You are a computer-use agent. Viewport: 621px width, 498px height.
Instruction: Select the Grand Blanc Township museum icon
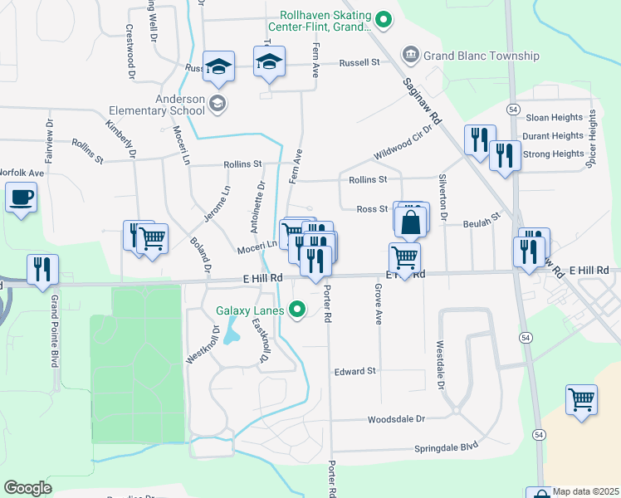tap(410, 56)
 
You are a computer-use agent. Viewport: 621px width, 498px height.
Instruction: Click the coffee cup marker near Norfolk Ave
tap(21, 198)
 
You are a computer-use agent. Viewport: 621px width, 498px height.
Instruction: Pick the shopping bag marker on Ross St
tap(411, 222)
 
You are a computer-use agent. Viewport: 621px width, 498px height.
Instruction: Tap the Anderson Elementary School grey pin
tap(218, 104)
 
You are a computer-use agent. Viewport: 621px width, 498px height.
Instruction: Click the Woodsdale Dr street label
tap(398, 419)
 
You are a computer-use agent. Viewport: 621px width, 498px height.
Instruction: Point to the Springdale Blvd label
tap(447, 447)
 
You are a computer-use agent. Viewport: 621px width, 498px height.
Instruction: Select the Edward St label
tap(355, 371)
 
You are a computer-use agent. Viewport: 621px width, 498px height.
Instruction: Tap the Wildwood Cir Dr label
tap(404, 142)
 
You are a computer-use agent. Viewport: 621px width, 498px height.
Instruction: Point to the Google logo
tap(27, 487)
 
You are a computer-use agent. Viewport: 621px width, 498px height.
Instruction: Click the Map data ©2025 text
tap(586, 491)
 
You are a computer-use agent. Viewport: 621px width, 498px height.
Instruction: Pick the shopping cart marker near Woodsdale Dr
tap(582, 399)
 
